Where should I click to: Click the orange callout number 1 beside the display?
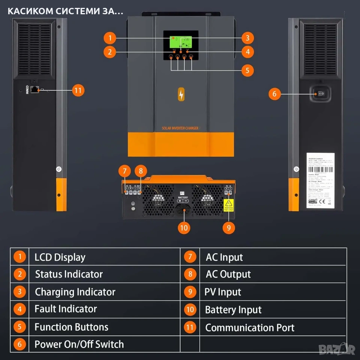(109, 38)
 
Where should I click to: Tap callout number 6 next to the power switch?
(274, 94)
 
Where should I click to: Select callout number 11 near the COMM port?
(78, 90)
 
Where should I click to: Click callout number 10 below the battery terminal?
(183, 227)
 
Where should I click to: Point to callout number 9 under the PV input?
(228, 227)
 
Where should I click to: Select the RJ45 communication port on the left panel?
(35, 90)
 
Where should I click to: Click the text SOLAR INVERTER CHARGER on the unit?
(180, 128)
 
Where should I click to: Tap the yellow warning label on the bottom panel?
(228, 205)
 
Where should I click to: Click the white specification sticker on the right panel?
(320, 180)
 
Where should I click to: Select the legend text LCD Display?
(60, 257)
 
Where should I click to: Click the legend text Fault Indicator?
(66, 309)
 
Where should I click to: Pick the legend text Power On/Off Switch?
(79, 344)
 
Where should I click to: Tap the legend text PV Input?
(223, 292)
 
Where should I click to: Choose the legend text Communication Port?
(250, 327)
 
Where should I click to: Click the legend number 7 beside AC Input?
(190, 257)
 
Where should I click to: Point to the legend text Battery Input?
(233, 310)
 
